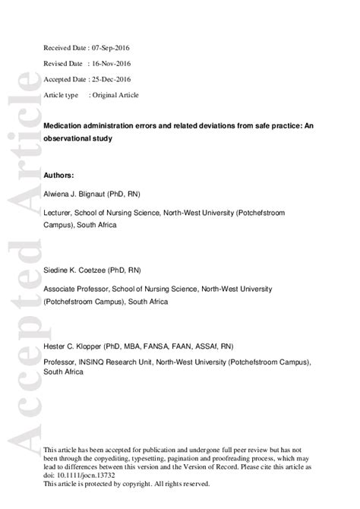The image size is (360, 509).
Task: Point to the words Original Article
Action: pyautogui.click(x=115, y=95)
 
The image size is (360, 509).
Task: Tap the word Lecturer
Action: pyautogui.click(x=59, y=215)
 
